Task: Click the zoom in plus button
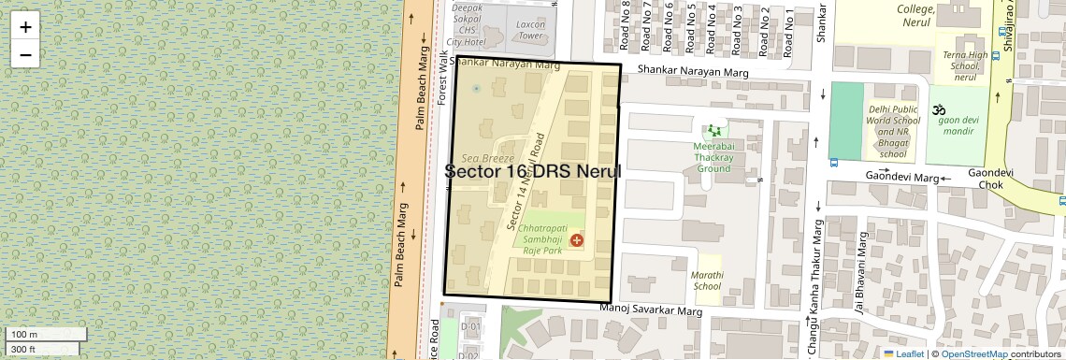tap(25, 26)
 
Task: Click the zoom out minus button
tap(25, 54)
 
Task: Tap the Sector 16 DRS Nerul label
tap(532, 172)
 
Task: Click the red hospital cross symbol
tap(575, 240)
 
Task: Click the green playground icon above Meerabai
tap(716, 131)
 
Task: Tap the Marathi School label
tap(707, 281)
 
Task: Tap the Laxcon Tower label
tap(530, 30)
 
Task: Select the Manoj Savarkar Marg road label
tap(650, 309)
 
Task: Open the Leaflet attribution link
tap(908, 353)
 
